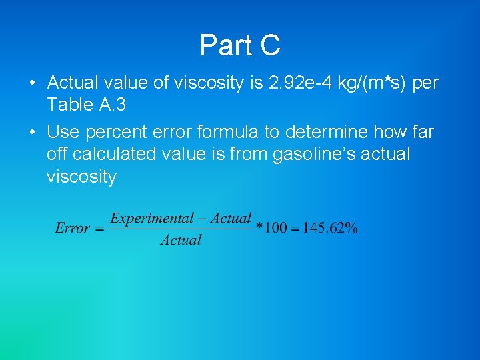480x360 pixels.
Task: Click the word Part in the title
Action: click(225, 46)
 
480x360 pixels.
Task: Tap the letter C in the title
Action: click(269, 46)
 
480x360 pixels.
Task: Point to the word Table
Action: click(69, 105)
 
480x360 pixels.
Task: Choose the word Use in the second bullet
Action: click(63, 132)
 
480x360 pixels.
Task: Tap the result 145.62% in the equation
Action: click(330, 228)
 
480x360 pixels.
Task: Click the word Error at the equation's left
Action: click(72, 228)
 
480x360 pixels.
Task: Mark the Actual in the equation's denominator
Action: click(181, 240)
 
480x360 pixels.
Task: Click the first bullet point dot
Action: click(32, 85)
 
